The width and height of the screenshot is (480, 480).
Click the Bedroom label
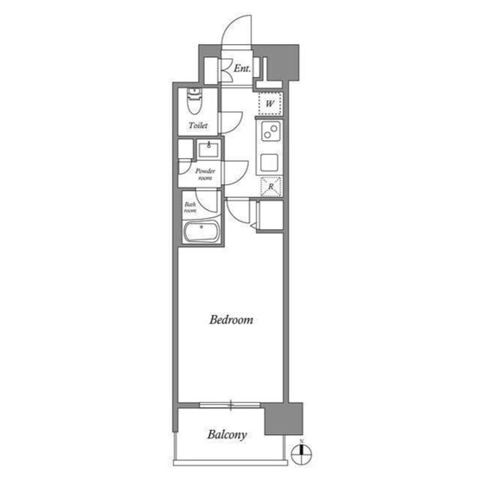[x=231, y=320]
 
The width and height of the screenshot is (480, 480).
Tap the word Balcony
[x=227, y=435]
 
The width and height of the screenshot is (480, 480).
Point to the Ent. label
[x=242, y=68]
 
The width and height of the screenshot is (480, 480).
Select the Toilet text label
[x=198, y=125]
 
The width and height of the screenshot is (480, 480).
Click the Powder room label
[x=205, y=174]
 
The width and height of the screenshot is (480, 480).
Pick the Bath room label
[x=190, y=208]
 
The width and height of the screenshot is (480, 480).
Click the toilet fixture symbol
[x=195, y=100]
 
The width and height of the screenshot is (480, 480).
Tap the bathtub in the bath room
[x=202, y=232]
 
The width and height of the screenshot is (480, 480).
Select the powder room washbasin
[x=208, y=149]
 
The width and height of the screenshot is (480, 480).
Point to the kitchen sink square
[x=269, y=163]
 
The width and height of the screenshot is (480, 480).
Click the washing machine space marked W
[x=270, y=104]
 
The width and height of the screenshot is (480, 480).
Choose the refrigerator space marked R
[x=271, y=187]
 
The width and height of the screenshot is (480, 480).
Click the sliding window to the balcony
[x=230, y=405]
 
